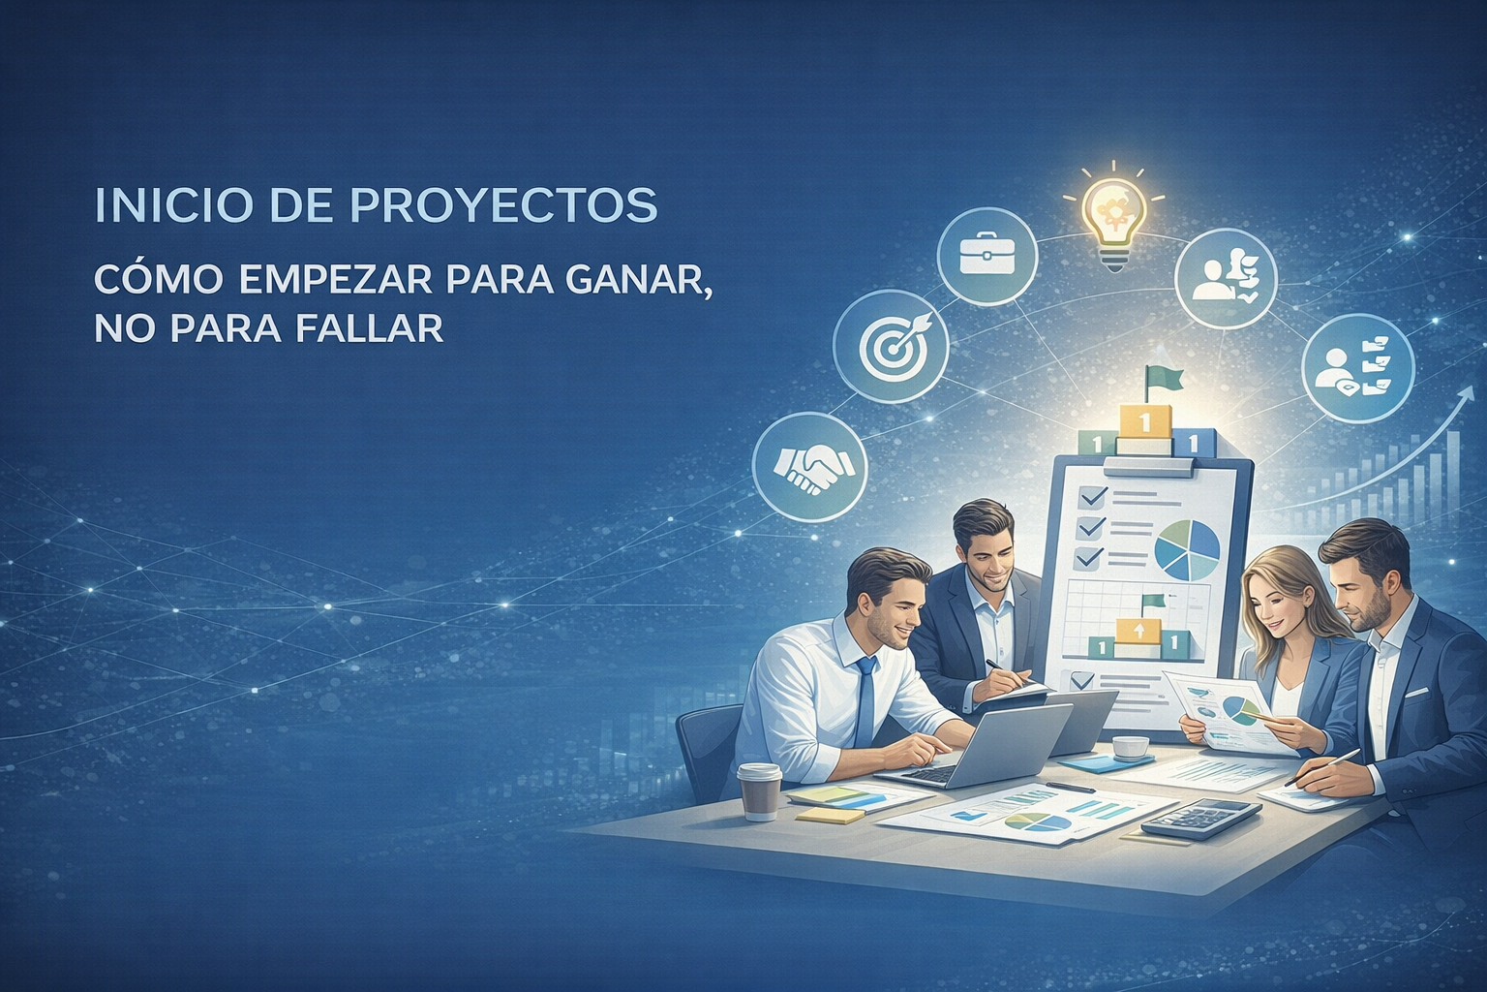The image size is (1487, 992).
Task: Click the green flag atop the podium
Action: [1156, 379]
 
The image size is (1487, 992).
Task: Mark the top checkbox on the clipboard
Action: [1093, 497]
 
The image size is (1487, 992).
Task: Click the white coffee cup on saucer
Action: [1130, 747]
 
